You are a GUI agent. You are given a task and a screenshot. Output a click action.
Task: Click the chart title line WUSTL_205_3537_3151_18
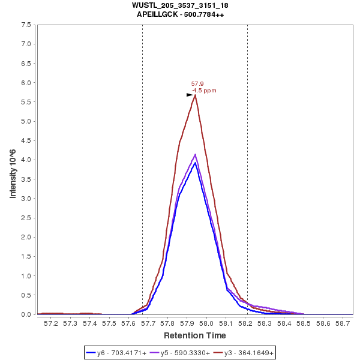click(180, 5)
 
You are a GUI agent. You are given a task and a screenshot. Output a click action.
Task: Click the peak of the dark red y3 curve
click(196, 95)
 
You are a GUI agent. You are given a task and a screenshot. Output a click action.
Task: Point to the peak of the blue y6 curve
click(196, 163)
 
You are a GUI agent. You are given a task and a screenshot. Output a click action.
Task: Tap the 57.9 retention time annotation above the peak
click(197, 84)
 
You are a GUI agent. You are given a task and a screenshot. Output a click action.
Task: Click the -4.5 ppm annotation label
click(204, 91)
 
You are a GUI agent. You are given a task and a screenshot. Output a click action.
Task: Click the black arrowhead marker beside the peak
click(190, 95)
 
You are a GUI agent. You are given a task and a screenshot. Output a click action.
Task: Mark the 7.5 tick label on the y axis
click(26, 25)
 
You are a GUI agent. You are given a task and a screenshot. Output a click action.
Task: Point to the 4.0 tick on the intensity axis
click(26, 160)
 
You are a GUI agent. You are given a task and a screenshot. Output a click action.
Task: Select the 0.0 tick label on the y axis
click(26, 314)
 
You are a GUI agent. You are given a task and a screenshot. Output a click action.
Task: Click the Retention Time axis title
click(194, 335)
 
